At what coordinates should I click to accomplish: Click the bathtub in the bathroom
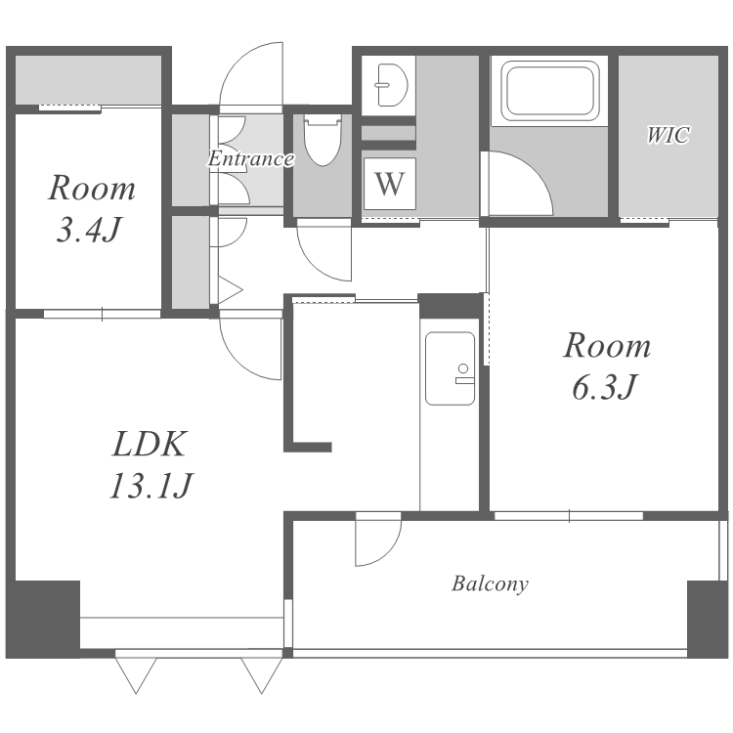click(x=549, y=91)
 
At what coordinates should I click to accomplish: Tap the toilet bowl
click(x=322, y=140)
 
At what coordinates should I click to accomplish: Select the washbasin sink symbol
click(x=390, y=85)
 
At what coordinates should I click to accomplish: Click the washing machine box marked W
click(x=389, y=184)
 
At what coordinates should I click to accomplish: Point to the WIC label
click(x=668, y=135)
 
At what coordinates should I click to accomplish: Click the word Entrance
click(x=251, y=158)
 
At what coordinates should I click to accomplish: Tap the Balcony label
click(x=490, y=583)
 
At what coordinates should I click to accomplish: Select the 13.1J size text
click(x=151, y=486)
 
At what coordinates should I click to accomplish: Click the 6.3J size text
click(x=604, y=387)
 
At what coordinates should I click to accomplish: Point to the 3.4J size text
click(x=89, y=229)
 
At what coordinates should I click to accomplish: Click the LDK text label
click(x=150, y=444)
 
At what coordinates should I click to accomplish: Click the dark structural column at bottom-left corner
click(x=43, y=619)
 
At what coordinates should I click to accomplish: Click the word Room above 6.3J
click(x=607, y=346)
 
